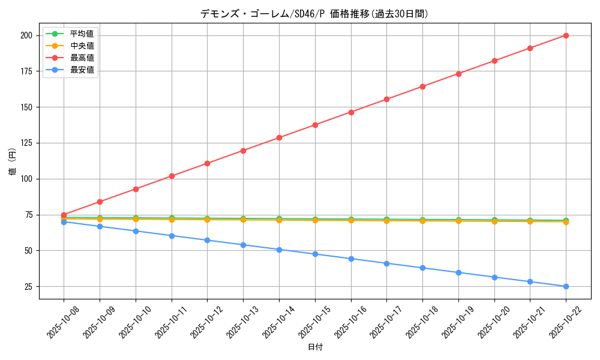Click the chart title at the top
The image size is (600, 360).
[x=314, y=14]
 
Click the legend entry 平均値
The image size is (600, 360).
[x=82, y=34]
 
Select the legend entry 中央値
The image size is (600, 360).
[x=82, y=46]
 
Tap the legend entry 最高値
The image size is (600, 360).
[x=82, y=58]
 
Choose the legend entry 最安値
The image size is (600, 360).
[x=82, y=70]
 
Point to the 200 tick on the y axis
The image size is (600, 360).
[x=26, y=35]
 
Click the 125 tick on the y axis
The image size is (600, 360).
[x=26, y=143]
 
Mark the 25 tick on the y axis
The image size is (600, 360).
[x=28, y=287]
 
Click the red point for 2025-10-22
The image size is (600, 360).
[x=566, y=35]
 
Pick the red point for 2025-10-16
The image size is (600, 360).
[x=351, y=112]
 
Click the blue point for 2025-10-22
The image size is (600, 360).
[x=566, y=286]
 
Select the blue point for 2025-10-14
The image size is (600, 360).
[x=279, y=250]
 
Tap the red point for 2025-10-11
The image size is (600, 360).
[x=172, y=176]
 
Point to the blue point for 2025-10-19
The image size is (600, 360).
[x=458, y=272]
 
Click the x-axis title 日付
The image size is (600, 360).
[x=315, y=347]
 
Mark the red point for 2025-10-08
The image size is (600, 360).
[x=64, y=215]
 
